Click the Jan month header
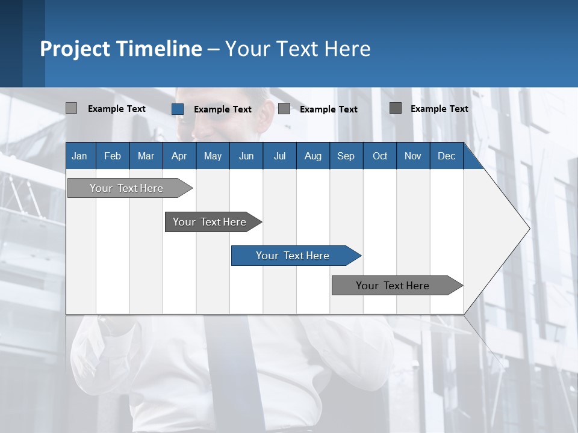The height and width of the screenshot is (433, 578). click(79, 156)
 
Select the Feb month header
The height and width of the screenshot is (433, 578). click(113, 156)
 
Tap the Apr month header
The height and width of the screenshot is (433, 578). click(179, 156)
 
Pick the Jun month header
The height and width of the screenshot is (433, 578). click(246, 156)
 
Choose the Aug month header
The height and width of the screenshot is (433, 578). click(312, 156)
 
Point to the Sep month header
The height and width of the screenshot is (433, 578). click(346, 156)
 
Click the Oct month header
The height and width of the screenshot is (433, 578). click(380, 156)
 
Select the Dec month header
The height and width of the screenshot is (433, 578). click(446, 156)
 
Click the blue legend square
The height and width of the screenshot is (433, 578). click(178, 109)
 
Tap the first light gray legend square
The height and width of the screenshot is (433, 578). click(71, 108)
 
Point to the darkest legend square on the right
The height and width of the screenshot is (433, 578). click(396, 108)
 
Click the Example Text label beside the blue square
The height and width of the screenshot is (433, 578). click(222, 109)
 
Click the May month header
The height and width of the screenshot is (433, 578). click(213, 156)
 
